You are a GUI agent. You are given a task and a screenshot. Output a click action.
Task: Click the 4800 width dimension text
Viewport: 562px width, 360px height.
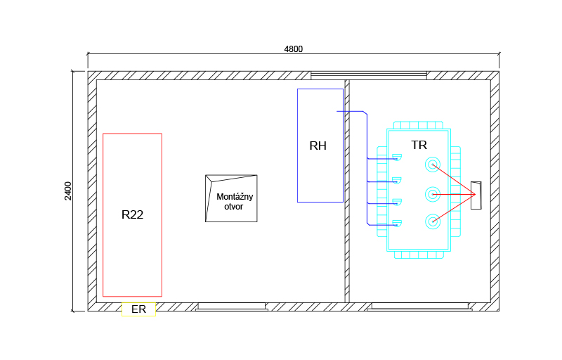(x=293, y=49)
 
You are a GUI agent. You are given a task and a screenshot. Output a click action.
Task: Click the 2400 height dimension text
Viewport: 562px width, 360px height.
(x=67, y=191)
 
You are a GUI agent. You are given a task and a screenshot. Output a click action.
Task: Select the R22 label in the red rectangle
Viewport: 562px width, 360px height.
(x=132, y=214)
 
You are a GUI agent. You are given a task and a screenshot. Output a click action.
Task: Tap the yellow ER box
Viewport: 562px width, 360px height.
(x=138, y=309)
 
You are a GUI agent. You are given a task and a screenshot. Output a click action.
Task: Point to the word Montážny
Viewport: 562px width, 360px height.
(x=235, y=196)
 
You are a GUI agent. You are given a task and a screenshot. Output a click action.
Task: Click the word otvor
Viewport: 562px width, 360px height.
(x=234, y=207)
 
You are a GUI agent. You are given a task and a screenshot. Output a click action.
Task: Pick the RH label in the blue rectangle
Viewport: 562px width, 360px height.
(x=318, y=146)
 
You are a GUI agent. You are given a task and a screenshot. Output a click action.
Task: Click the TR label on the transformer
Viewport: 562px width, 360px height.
(x=419, y=145)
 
